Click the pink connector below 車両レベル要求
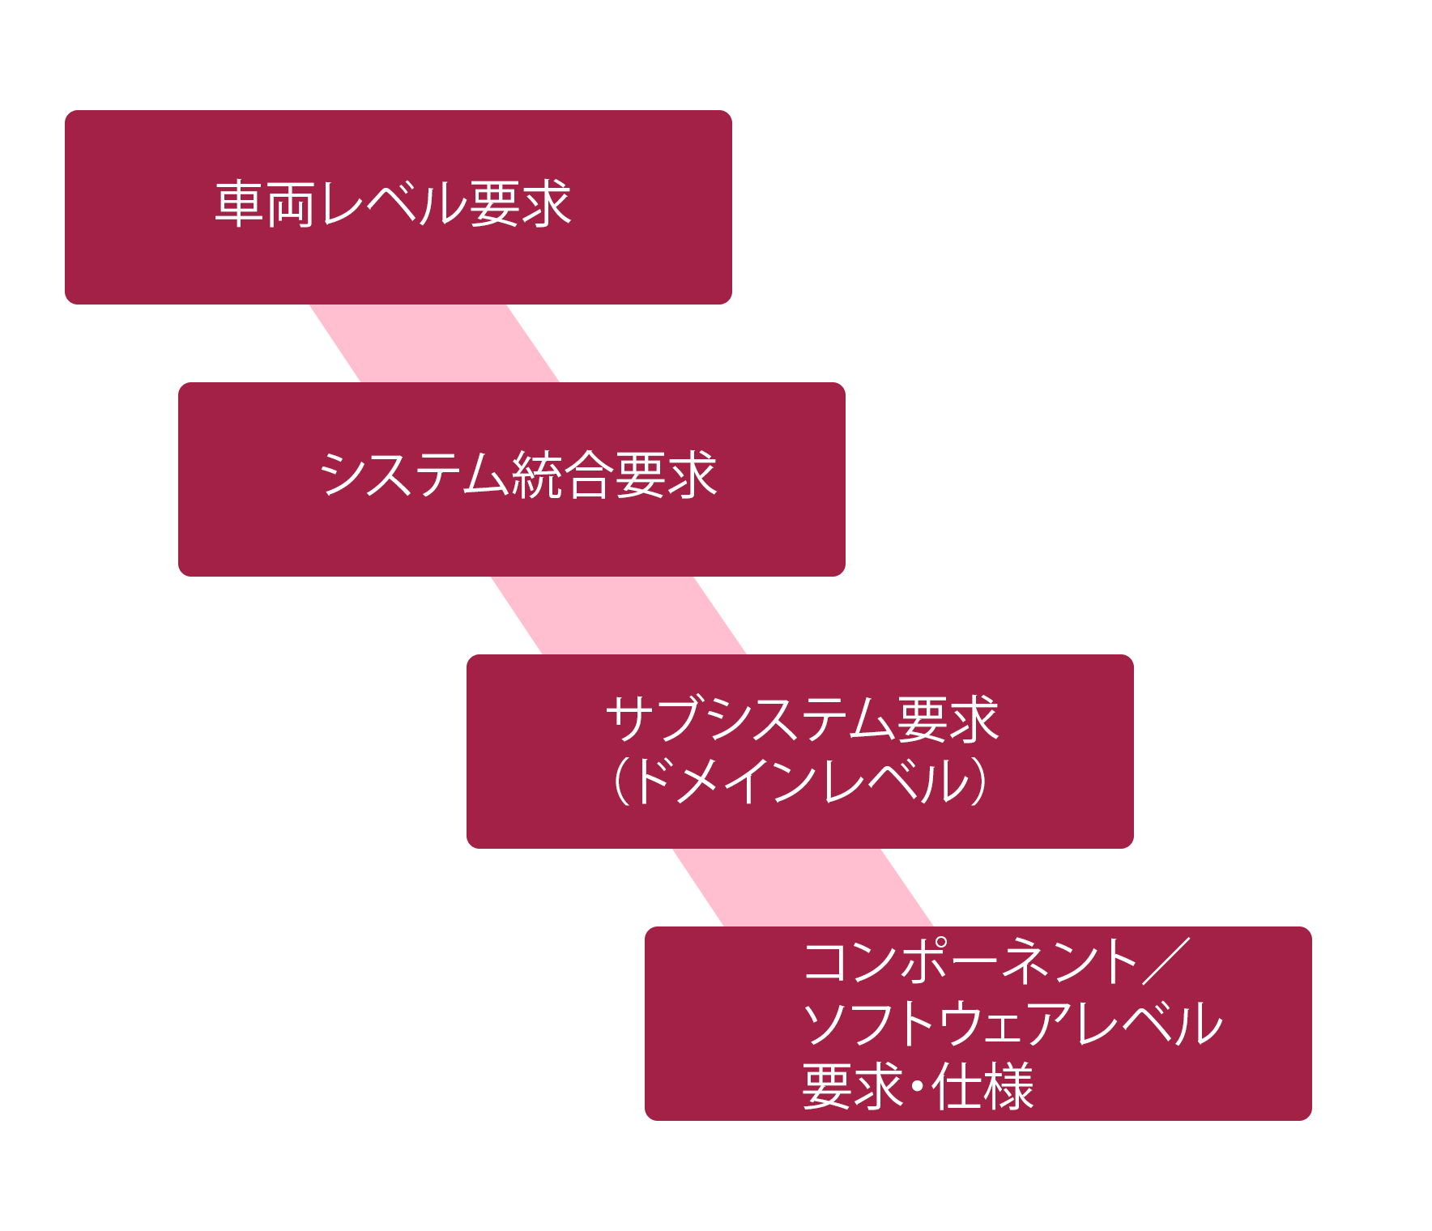(434, 343)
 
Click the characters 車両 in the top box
(264, 204)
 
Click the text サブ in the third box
(656, 719)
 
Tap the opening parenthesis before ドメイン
(621, 782)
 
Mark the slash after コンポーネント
(1166, 961)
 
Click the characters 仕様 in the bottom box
(983, 1087)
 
